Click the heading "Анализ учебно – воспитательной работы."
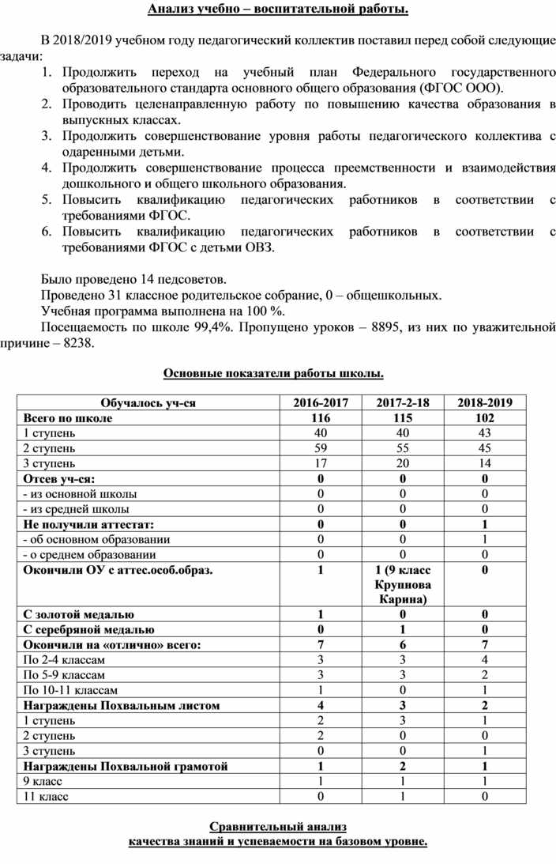(x=278, y=9)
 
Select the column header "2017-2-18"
(x=403, y=402)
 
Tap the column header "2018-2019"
(x=485, y=402)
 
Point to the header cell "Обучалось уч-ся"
(x=148, y=402)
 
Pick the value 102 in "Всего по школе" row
(x=485, y=417)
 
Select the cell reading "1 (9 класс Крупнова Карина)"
(x=403, y=584)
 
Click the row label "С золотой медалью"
(x=79, y=614)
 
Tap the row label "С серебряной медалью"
(x=88, y=629)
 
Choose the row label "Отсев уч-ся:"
(x=59, y=478)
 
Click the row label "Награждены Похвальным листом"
(x=122, y=705)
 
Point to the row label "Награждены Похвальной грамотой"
(x=126, y=766)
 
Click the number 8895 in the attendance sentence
(x=393, y=327)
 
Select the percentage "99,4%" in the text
(x=210, y=327)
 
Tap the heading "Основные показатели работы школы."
(x=273, y=373)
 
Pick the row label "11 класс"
(x=46, y=797)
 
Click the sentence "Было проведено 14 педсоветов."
(x=133, y=279)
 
